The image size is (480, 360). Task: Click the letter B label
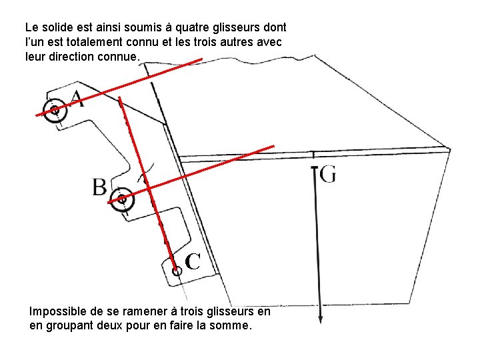(x=99, y=187)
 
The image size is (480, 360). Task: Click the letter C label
(x=193, y=261)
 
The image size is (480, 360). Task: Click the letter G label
(x=328, y=174)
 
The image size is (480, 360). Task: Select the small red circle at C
(x=177, y=271)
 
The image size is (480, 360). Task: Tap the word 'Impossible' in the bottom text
(x=56, y=311)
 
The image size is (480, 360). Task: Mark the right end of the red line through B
(x=273, y=145)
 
